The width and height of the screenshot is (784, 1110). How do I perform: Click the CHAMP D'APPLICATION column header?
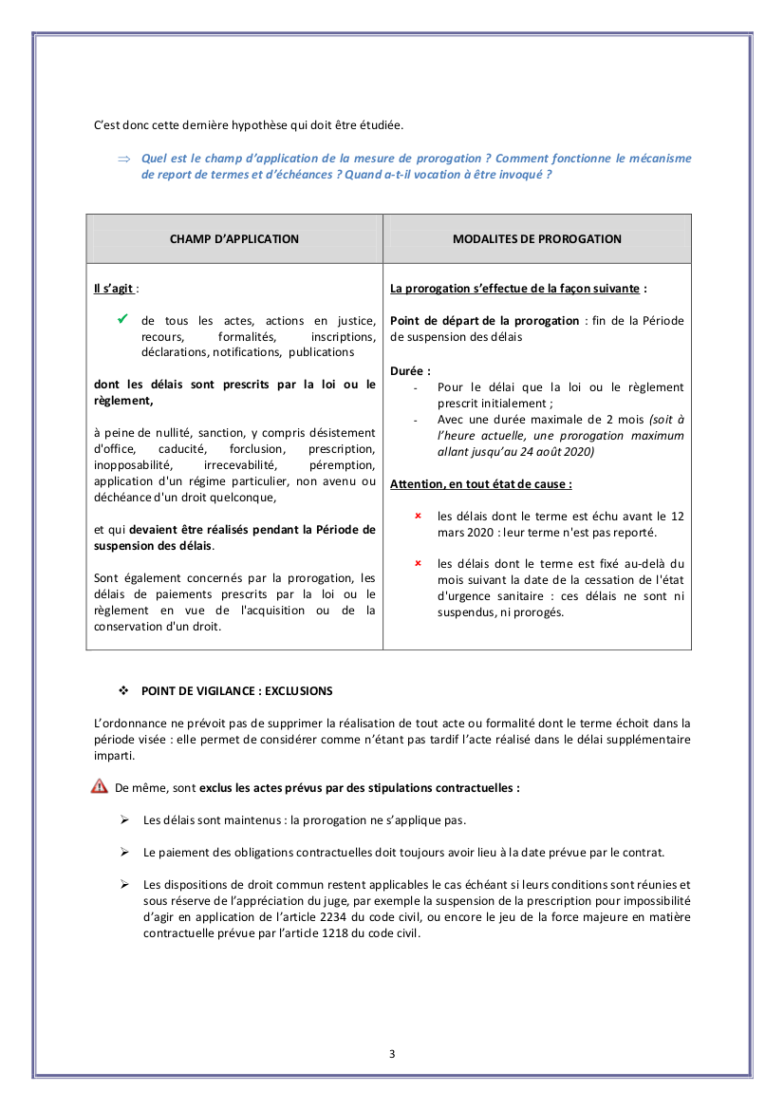point(233,239)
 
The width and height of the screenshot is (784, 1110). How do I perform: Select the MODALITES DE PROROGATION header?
point(537,239)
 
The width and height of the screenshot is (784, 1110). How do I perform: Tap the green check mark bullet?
point(122,320)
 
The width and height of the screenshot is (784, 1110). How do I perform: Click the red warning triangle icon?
point(100,786)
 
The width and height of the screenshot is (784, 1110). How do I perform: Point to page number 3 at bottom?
point(392,1053)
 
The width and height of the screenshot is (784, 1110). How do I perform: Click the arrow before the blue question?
point(122,160)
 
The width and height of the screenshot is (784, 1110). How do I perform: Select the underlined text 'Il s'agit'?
point(113,288)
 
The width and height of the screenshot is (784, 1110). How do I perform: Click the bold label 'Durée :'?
point(410,371)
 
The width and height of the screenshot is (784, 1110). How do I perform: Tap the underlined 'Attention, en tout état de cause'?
point(480,483)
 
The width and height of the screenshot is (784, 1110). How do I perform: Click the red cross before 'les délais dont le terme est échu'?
point(418,516)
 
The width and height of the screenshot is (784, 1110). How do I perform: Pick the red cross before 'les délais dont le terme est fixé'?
point(418,563)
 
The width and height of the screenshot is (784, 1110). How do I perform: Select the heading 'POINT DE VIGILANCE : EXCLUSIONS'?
point(237,690)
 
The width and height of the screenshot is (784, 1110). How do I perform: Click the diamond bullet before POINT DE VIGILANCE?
point(122,690)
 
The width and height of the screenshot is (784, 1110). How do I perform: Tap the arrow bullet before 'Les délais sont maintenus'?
point(124,819)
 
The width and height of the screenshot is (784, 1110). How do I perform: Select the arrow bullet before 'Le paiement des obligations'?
point(124,852)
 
